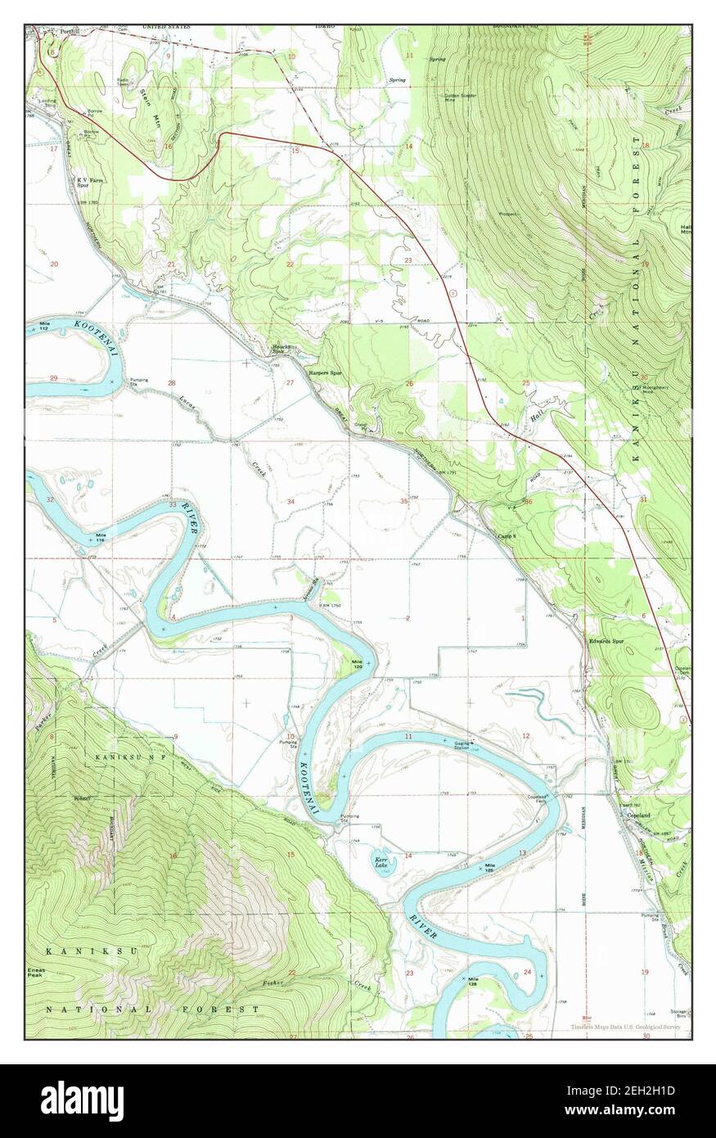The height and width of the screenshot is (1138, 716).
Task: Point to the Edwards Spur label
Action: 606,641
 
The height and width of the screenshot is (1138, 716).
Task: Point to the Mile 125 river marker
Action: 491,865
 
